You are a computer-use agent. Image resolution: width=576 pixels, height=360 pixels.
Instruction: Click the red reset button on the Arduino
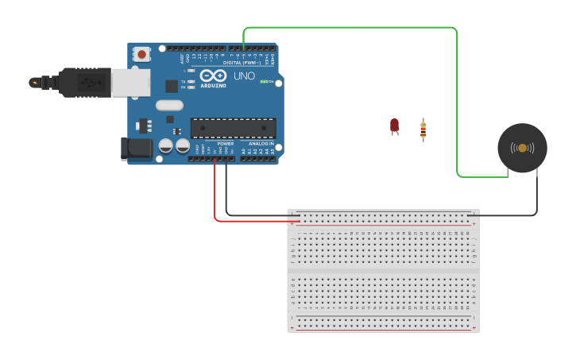click(x=141, y=54)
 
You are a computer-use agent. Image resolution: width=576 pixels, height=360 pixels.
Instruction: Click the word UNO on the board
click(x=243, y=77)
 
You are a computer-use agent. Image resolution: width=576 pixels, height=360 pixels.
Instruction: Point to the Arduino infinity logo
click(x=213, y=76)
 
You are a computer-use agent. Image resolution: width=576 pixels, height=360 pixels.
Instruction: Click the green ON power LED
click(x=264, y=82)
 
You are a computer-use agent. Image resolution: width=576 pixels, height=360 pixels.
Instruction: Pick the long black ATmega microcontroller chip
click(x=233, y=127)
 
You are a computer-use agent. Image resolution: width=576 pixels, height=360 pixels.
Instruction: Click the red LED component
click(x=394, y=126)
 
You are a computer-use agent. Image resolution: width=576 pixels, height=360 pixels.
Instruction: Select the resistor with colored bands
click(x=423, y=129)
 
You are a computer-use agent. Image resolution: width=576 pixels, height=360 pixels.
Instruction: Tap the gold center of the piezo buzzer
click(x=522, y=148)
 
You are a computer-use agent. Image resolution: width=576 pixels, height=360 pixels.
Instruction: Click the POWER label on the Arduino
click(x=226, y=144)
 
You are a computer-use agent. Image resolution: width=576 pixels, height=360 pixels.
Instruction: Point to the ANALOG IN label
click(x=260, y=144)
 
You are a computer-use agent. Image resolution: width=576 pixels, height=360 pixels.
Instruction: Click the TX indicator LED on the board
click(x=191, y=82)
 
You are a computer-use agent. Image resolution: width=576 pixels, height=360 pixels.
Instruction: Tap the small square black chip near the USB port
click(x=171, y=86)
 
